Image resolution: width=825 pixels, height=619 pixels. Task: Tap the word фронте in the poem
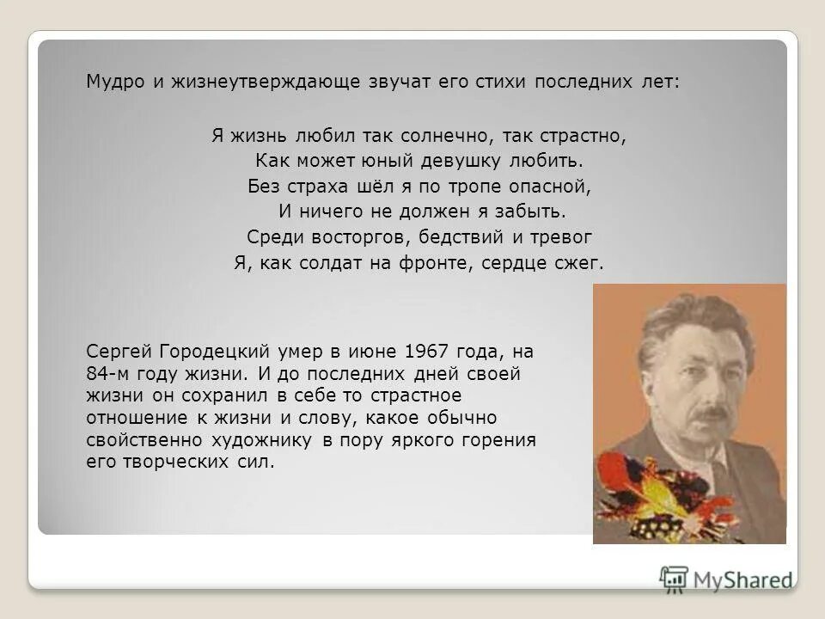pos(431,264)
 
